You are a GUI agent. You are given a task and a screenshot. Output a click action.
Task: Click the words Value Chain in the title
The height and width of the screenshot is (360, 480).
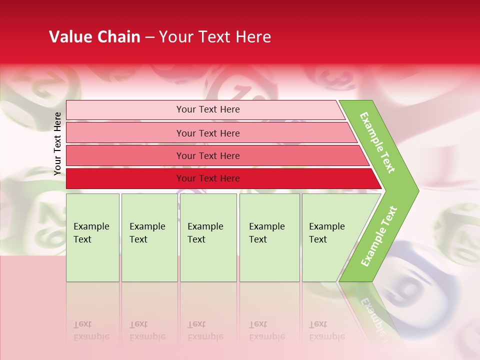[x=94, y=37]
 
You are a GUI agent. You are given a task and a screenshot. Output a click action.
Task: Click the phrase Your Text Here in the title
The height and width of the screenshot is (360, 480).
[x=215, y=37]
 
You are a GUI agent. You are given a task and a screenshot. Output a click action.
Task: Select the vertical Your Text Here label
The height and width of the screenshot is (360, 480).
[x=57, y=143]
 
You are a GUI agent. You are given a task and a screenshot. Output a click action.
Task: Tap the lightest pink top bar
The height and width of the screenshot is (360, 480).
[x=125, y=110]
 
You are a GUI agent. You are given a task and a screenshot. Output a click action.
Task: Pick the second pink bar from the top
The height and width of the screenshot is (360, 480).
[x=125, y=133]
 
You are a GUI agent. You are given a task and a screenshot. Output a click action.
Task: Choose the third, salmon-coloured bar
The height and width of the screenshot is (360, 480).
[x=125, y=155]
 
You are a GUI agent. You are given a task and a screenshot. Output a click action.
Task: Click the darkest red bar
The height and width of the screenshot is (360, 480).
[x=125, y=178]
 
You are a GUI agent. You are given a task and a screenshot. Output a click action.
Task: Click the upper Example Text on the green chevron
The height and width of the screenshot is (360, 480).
[x=377, y=142]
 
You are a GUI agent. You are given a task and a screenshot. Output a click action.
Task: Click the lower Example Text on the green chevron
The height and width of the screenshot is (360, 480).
[x=379, y=236]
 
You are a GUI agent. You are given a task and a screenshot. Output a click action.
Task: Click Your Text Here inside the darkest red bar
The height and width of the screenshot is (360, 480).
[x=208, y=178]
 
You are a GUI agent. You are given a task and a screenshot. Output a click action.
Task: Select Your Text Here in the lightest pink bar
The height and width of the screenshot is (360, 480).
[x=208, y=109]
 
